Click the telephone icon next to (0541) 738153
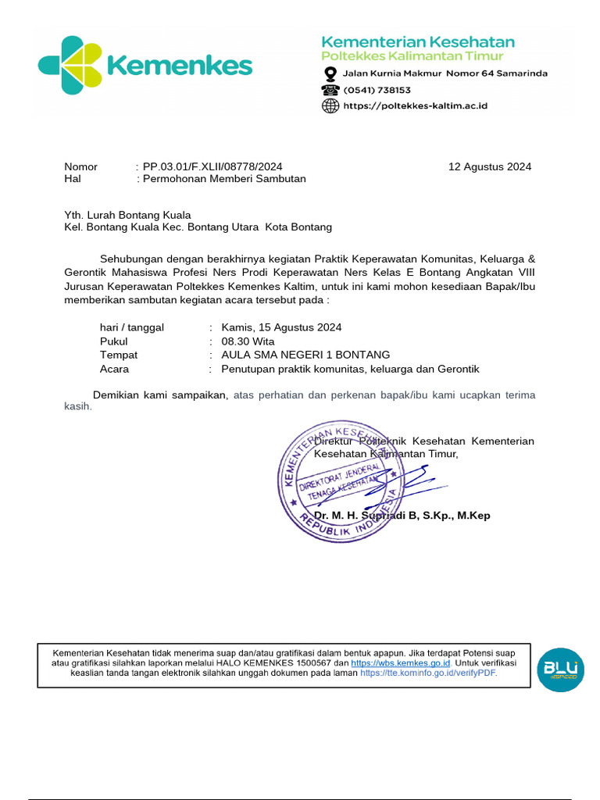click(x=330, y=90)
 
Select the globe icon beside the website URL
click(x=330, y=106)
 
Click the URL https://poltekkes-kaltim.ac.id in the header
click(x=416, y=106)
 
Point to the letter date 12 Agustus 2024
click(x=489, y=166)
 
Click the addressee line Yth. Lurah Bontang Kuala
click(x=127, y=215)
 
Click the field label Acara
click(x=115, y=369)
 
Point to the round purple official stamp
click(x=341, y=481)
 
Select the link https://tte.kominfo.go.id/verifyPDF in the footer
click(x=428, y=673)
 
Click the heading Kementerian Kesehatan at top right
click(x=419, y=41)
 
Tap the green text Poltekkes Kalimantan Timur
click(x=412, y=56)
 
